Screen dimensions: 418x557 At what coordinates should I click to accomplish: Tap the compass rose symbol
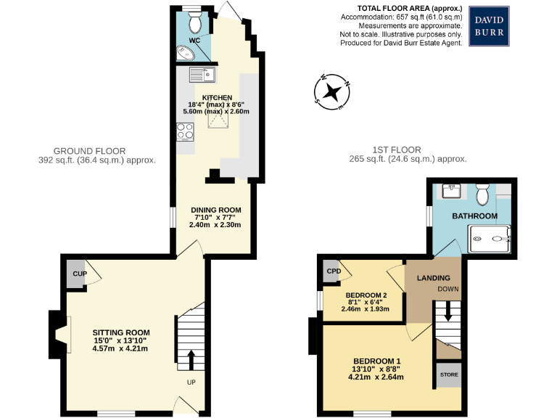point(333,92)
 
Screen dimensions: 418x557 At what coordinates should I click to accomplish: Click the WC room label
point(194,41)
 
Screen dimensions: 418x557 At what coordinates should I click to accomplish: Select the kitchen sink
point(201,74)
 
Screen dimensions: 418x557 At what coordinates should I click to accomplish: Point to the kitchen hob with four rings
point(184,132)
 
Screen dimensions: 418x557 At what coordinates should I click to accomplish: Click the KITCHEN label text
point(217,97)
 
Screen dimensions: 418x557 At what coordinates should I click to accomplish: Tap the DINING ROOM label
point(216,210)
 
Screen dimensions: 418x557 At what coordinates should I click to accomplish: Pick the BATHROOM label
point(475,216)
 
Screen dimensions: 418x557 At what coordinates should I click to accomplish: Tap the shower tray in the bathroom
point(490,237)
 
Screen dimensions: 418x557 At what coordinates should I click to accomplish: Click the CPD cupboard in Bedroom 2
point(333,271)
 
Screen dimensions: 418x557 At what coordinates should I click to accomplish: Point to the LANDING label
point(433,278)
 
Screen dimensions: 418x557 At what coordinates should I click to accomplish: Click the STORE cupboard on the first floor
point(449,375)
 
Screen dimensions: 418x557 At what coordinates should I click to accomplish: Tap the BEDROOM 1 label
point(376,361)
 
